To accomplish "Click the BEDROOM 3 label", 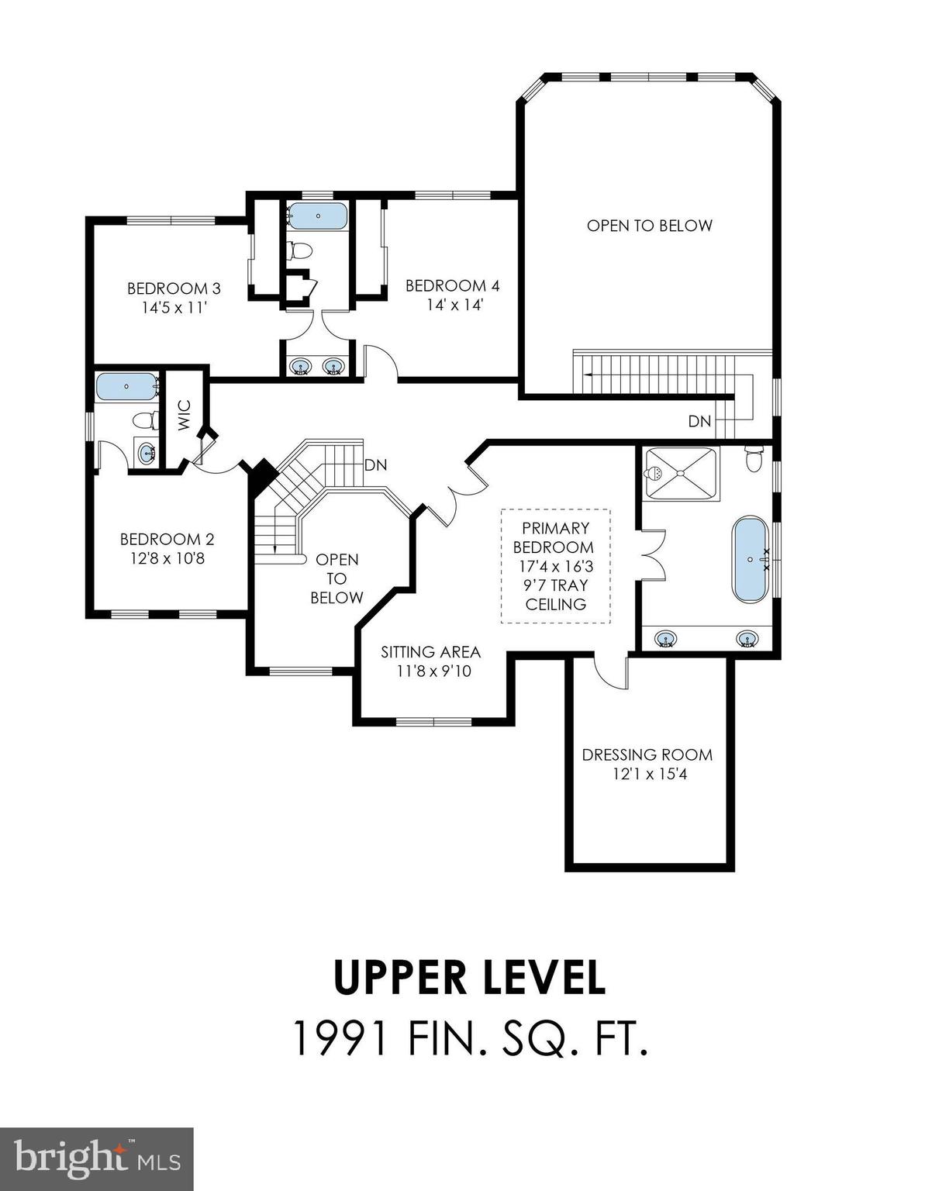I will click(174, 288).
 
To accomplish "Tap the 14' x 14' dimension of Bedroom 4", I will click(454, 305).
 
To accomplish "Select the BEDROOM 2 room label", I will click(167, 539).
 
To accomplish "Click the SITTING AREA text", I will click(430, 652).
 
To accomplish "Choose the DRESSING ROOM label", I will click(647, 754).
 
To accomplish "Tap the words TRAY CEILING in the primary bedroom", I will click(556, 595).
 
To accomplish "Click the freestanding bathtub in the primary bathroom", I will click(750, 558).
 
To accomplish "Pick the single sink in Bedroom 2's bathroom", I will click(144, 453).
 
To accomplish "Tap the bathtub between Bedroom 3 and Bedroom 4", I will click(317, 215).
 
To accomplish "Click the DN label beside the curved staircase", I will click(375, 465).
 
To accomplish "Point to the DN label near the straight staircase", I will click(699, 421).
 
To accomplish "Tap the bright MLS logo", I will click(96, 1158).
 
